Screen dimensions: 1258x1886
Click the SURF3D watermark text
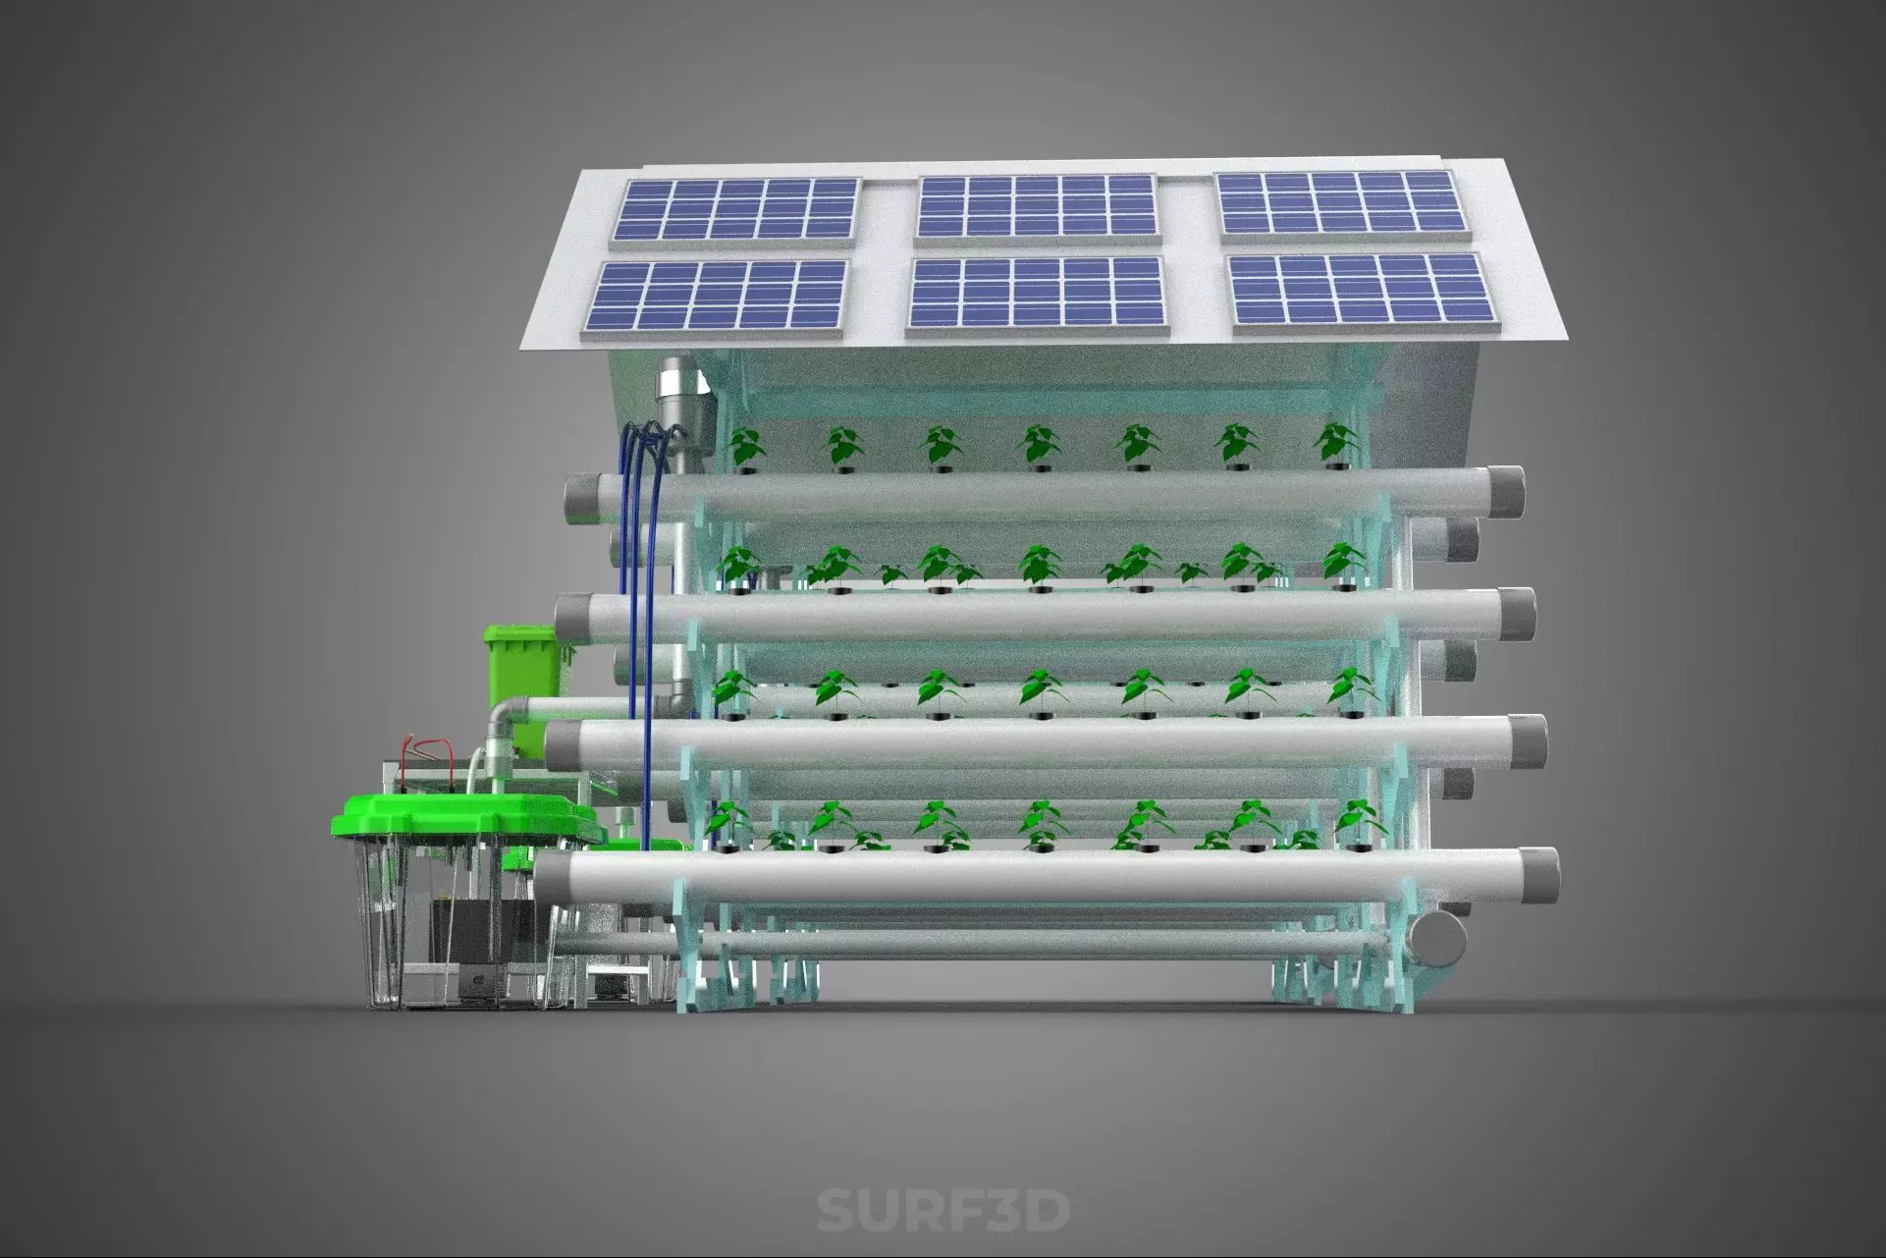pos(943,1210)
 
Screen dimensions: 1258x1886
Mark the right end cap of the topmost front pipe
pos(1506,490)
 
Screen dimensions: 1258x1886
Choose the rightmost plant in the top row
pos(1335,442)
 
